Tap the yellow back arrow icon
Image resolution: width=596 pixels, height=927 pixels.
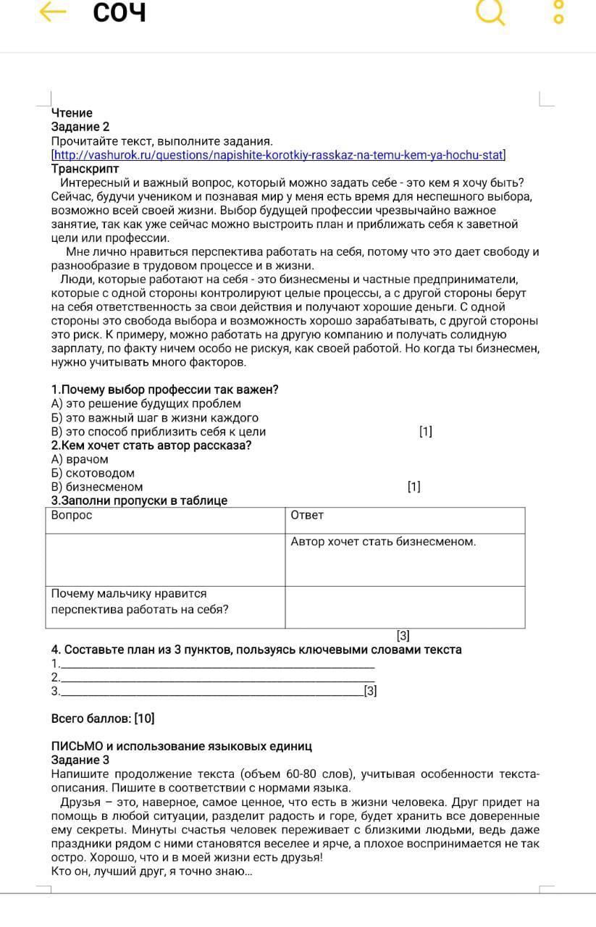53,12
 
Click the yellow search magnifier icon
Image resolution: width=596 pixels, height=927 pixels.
491,12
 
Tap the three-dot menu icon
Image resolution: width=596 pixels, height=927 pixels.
558,12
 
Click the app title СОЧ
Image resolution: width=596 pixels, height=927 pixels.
119,12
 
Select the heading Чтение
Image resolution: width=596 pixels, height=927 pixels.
72,113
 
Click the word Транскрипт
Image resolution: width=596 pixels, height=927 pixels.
85,169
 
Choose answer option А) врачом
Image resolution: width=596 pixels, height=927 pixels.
80,459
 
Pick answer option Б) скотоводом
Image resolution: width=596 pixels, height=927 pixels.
93,473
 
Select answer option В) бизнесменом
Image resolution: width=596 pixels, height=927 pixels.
97,487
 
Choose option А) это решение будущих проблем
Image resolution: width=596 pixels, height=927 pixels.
146,403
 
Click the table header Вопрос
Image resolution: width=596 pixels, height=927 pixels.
72,515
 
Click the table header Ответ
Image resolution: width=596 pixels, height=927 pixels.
307,515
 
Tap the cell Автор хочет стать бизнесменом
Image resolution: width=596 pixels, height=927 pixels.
383,542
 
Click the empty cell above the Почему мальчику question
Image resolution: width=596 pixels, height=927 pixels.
165,560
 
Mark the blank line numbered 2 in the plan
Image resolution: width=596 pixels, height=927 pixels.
217,677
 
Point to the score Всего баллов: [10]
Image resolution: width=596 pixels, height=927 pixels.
103,718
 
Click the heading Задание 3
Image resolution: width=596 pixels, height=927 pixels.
80,760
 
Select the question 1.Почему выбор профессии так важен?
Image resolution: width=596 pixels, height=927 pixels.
165,390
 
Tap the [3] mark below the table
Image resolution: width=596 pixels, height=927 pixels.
403,636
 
